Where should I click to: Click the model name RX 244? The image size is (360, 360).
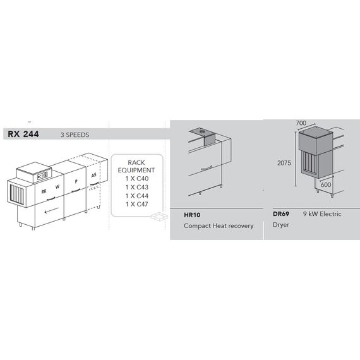click(x=23, y=134)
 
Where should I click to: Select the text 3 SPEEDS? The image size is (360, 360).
click(x=75, y=135)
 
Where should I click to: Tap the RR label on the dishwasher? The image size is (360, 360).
click(x=44, y=191)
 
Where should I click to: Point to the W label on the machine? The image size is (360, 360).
click(x=57, y=187)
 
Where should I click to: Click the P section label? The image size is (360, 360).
click(x=76, y=181)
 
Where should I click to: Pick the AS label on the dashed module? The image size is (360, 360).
click(x=93, y=175)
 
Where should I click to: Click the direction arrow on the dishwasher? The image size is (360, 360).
click(x=51, y=210)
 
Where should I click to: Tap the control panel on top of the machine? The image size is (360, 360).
click(x=43, y=176)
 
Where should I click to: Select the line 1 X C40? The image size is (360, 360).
click(x=137, y=178)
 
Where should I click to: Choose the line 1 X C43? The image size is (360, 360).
click(x=137, y=187)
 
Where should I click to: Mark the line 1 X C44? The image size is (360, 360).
click(x=137, y=196)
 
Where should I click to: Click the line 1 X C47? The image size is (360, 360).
click(x=137, y=204)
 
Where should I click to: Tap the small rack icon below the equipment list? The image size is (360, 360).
click(x=159, y=216)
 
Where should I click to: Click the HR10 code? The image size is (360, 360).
click(x=192, y=215)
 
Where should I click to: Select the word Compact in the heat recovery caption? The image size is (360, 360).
click(x=197, y=226)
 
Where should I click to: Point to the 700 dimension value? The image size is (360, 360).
click(x=301, y=123)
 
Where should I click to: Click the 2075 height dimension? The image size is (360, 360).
click(x=284, y=163)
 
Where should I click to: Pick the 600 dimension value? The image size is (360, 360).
click(x=326, y=184)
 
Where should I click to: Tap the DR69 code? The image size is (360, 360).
click(x=281, y=213)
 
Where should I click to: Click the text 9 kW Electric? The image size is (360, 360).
click(x=322, y=213)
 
